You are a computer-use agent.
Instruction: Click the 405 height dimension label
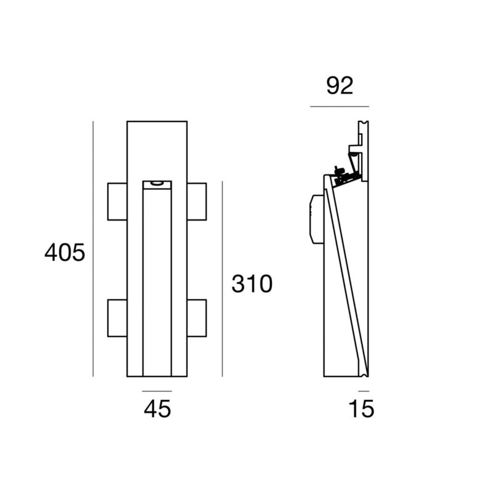(x=65, y=252)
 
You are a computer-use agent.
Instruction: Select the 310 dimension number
(x=252, y=283)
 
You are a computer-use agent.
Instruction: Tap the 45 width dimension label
(x=157, y=409)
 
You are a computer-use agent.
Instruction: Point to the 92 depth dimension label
(x=340, y=86)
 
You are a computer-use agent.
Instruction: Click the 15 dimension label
(x=362, y=409)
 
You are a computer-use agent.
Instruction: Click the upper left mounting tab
(x=117, y=202)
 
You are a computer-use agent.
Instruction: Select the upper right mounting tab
(x=197, y=202)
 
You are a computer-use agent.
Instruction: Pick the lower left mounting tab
(x=117, y=318)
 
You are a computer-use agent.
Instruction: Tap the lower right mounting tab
(x=197, y=318)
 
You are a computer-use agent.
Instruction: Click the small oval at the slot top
(x=157, y=183)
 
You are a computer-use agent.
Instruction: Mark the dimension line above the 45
(x=157, y=391)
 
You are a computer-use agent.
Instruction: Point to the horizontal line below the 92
(x=340, y=107)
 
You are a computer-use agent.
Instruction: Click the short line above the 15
(x=364, y=391)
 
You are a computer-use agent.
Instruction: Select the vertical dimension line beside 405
(x=93, y=249)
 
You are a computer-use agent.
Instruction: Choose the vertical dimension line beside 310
(x=222, y=279)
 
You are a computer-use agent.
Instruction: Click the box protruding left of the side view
(x=317, y=219)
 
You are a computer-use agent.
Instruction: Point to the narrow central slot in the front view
(x=157, y=279)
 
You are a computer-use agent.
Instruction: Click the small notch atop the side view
(x=364, y=123)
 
